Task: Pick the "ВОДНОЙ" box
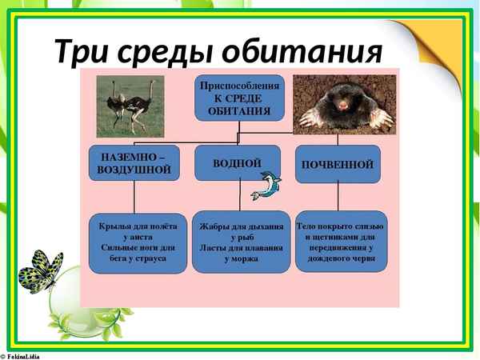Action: tap(238, 162)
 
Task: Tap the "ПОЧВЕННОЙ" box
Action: tap(338, 164)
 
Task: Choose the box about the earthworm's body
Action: tap(341, 241)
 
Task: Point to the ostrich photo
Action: tap(130, 106)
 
